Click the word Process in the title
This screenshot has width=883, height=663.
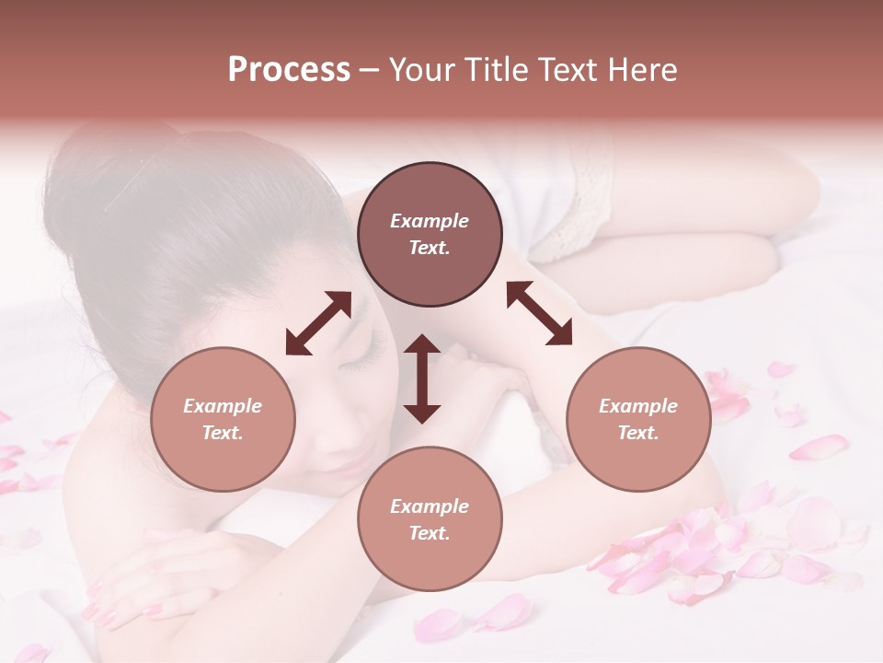click(289, 69)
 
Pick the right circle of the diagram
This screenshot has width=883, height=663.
click(638, 419)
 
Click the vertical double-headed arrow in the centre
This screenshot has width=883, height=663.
click(422, 378)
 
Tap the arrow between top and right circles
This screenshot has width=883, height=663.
click(539, 313)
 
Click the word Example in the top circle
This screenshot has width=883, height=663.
click(430, 221)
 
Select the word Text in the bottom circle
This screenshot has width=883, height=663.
click(428, 533)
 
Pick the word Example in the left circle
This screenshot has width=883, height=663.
click(223, 406)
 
